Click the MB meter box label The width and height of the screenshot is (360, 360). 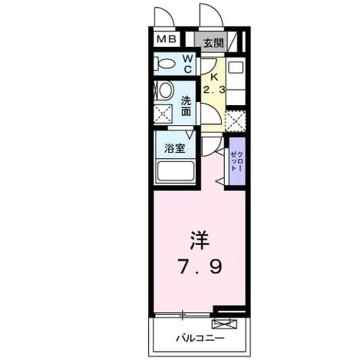coord(167,39)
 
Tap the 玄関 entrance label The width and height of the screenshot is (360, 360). coord(213,43)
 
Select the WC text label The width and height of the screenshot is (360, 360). coord(188,64)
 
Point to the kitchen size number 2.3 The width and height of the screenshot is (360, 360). coord(214,90)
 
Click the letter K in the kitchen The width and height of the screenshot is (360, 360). coord(214,77)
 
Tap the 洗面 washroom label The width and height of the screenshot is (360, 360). coord(186,106)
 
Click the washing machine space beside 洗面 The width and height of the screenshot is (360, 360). coord(163,114)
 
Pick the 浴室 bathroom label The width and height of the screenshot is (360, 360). coord(175,148)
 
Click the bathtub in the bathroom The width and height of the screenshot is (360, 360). coord(176,171)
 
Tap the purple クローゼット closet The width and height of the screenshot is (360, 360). coord(237,161)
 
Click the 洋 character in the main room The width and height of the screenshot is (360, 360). coord(200,240)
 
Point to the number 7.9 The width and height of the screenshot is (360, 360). coord(200,266)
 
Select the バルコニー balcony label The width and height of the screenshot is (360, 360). coord(200,339)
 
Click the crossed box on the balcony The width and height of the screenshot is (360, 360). coord(224,324)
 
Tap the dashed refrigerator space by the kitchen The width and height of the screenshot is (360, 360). coord(236,121)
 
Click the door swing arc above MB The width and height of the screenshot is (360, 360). coord(164,16)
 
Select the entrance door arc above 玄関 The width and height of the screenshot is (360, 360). coord(211,15)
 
